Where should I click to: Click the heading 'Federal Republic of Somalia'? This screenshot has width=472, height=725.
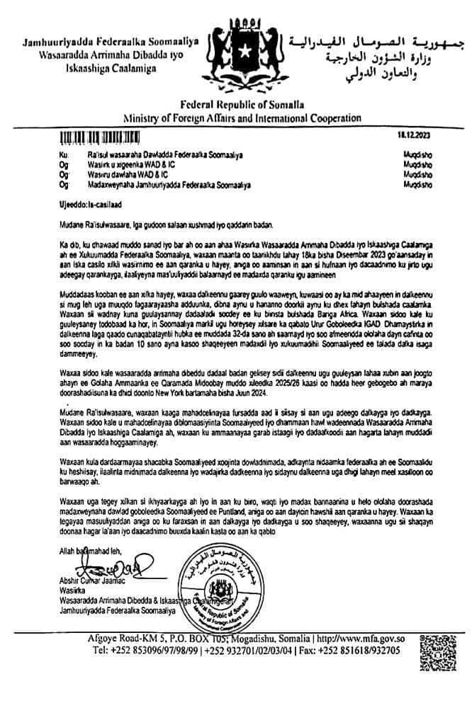237,105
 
